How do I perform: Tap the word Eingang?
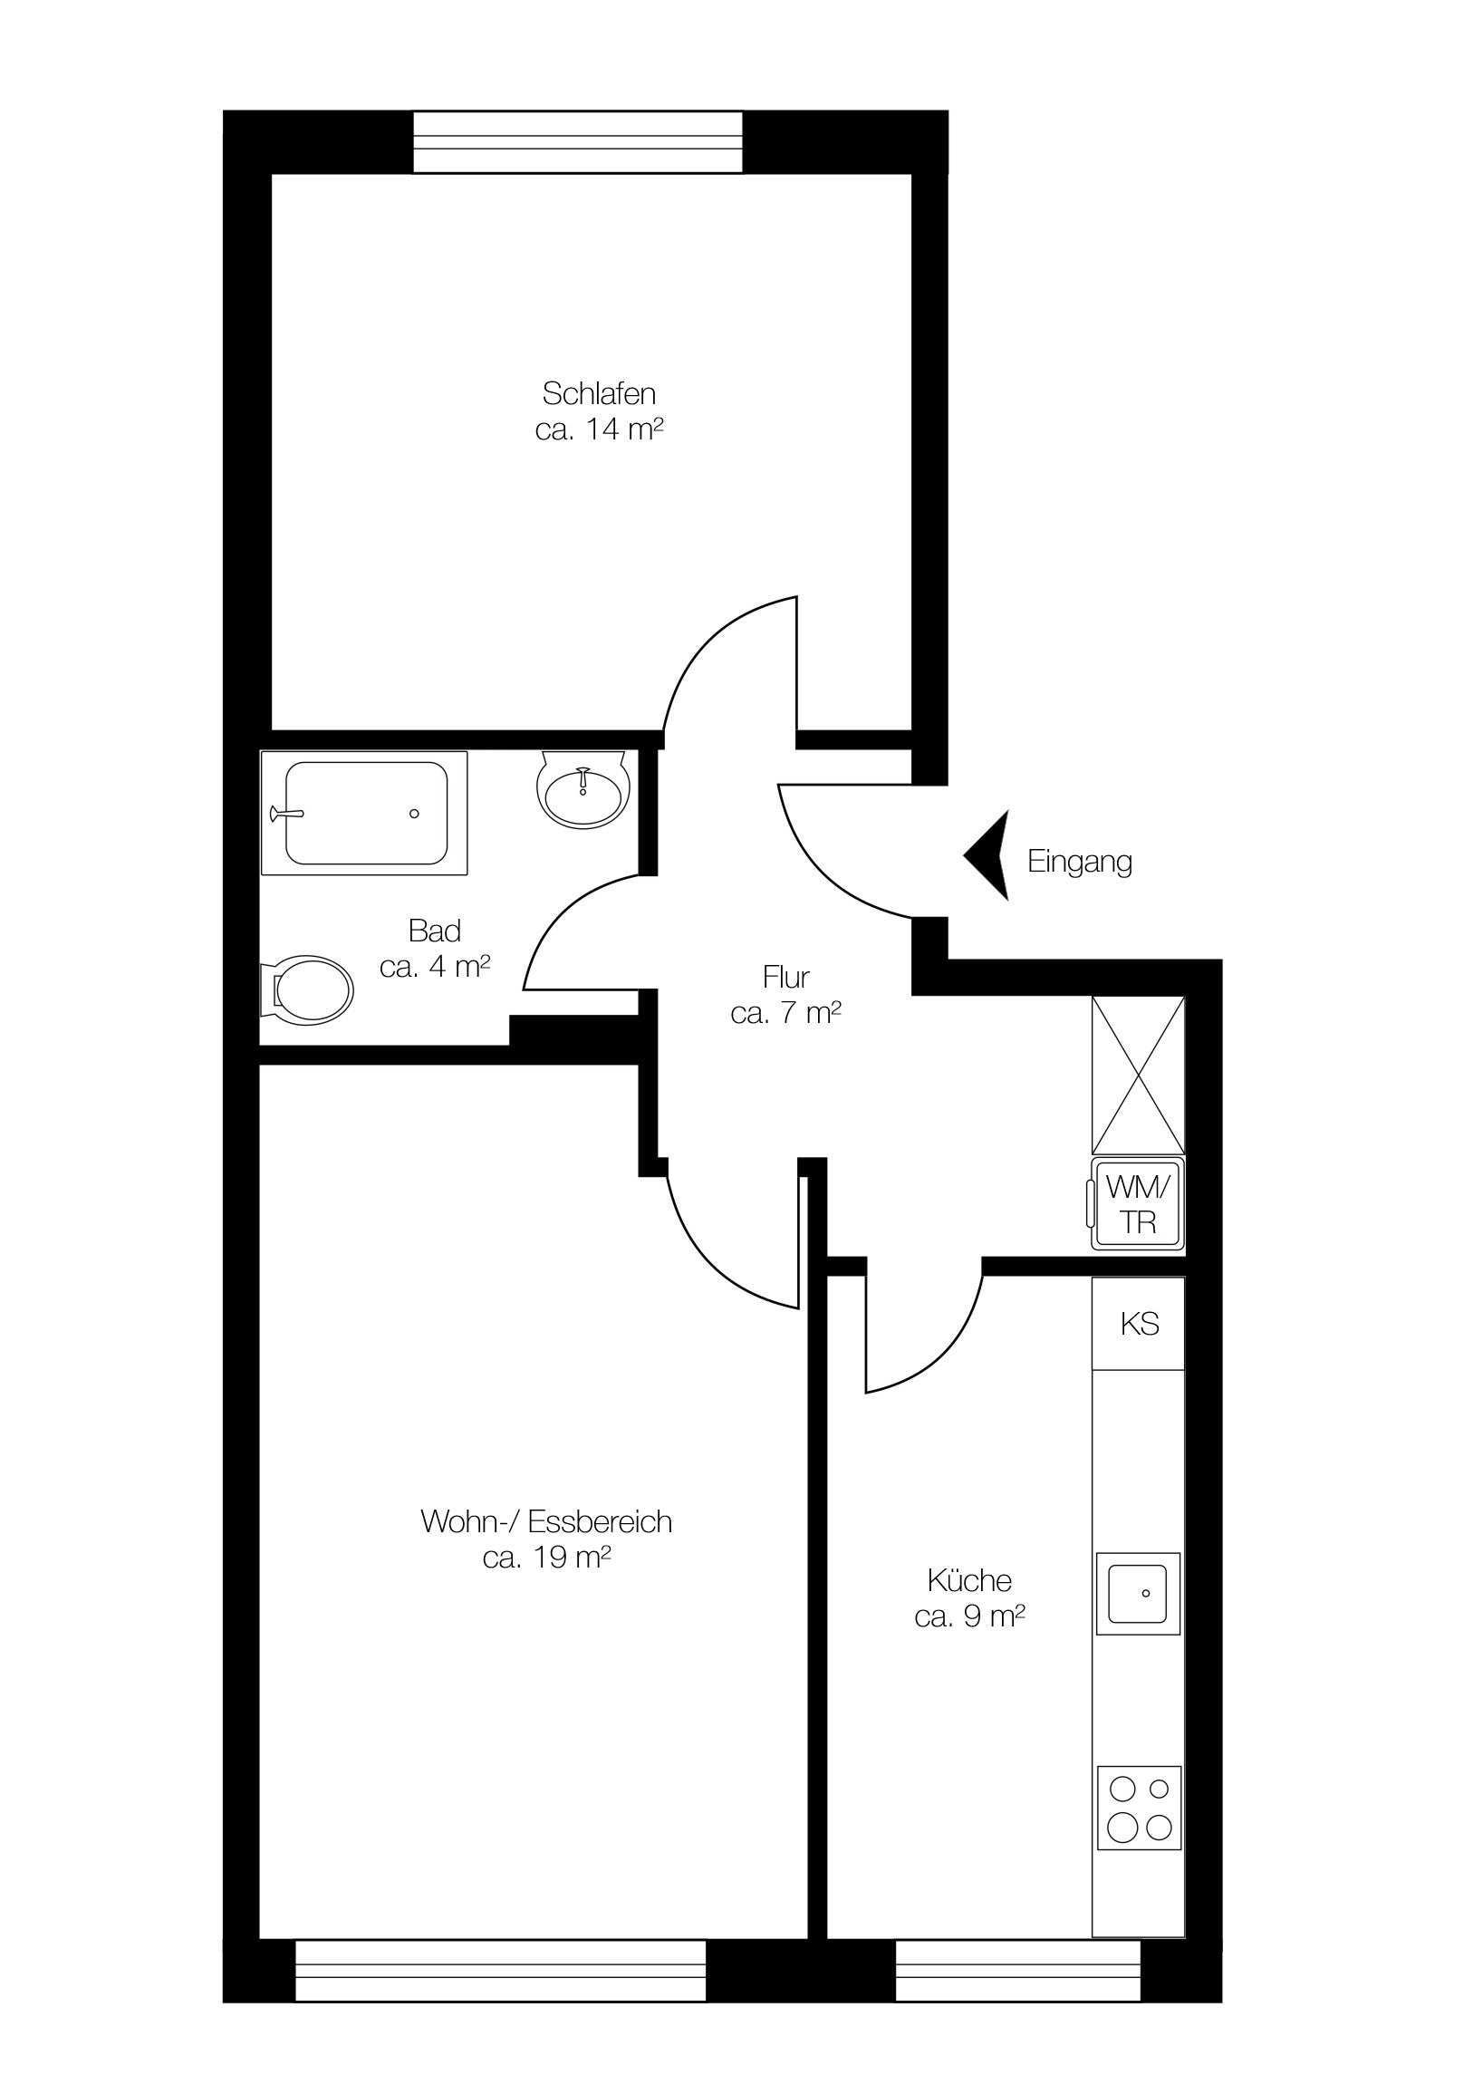[x=1079, y=861]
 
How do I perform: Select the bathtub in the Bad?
[x=365, y=813]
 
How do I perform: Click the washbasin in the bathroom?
[x=583, y=786]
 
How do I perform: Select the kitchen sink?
[x=1138, y=1593]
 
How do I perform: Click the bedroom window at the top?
[x=578, y=141]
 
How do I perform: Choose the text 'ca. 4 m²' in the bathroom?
[x=436, y=967]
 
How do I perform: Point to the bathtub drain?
[x=414, y=814]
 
